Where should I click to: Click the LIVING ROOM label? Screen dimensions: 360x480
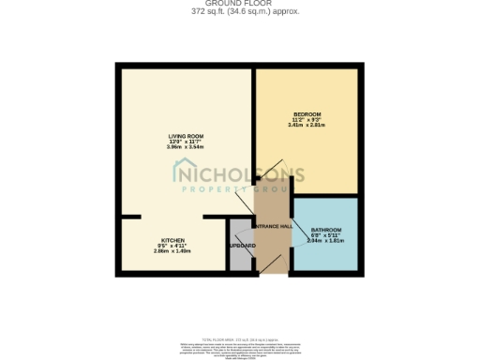tap(185, 135)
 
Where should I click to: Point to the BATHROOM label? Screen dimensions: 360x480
tap(326, 230)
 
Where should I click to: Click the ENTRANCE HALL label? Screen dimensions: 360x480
tap(274, 226)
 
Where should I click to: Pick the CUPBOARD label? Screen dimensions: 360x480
tap(242, 247)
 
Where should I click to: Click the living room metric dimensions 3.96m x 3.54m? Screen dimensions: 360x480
tap(185, 147)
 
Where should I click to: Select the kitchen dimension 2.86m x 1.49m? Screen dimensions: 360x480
tap(172, 251)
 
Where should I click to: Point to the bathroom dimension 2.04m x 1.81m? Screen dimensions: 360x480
tap(326, 241)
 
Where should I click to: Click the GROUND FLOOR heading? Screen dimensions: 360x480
tap(241, 3)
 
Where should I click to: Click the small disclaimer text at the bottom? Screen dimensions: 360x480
tap(241, 347)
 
